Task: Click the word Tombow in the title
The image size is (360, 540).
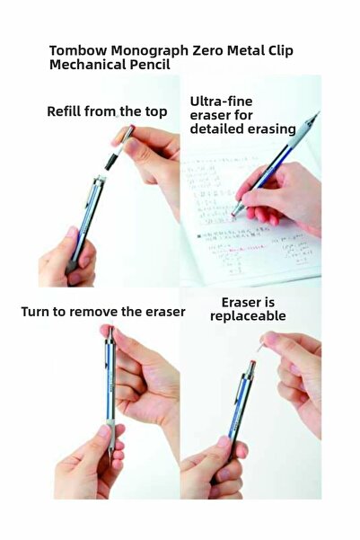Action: (x=78, y=50)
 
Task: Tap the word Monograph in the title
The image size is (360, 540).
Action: (x=150, y=51)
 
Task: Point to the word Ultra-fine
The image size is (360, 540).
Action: (x=222, y=102)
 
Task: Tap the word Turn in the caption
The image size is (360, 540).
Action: (x=35, y=312)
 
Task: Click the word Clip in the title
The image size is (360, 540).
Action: (x=279, y=51)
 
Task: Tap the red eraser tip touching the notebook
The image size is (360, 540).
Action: (x=234, y=214)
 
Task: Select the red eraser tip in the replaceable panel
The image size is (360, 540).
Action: (x=252, y=362)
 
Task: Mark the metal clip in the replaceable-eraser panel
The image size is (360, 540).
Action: (x=238, y=391)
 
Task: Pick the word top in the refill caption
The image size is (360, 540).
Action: (x=155, y=112)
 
